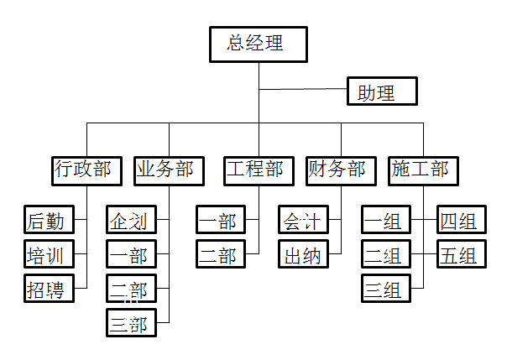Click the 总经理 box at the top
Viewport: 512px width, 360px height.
pyautogui.click(x=258, y=44)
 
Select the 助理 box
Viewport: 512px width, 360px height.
pyautogui.click(x=382, y=91)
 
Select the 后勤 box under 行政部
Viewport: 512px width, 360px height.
pyautogui.click(x=49, y=221)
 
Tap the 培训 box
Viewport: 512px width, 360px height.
pyautogui.click(x=49, y=254)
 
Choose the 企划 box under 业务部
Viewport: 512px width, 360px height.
pyautogui.click(x=131, y=221)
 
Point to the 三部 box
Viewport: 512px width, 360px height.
pyautogui.click(x=131, y=322)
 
